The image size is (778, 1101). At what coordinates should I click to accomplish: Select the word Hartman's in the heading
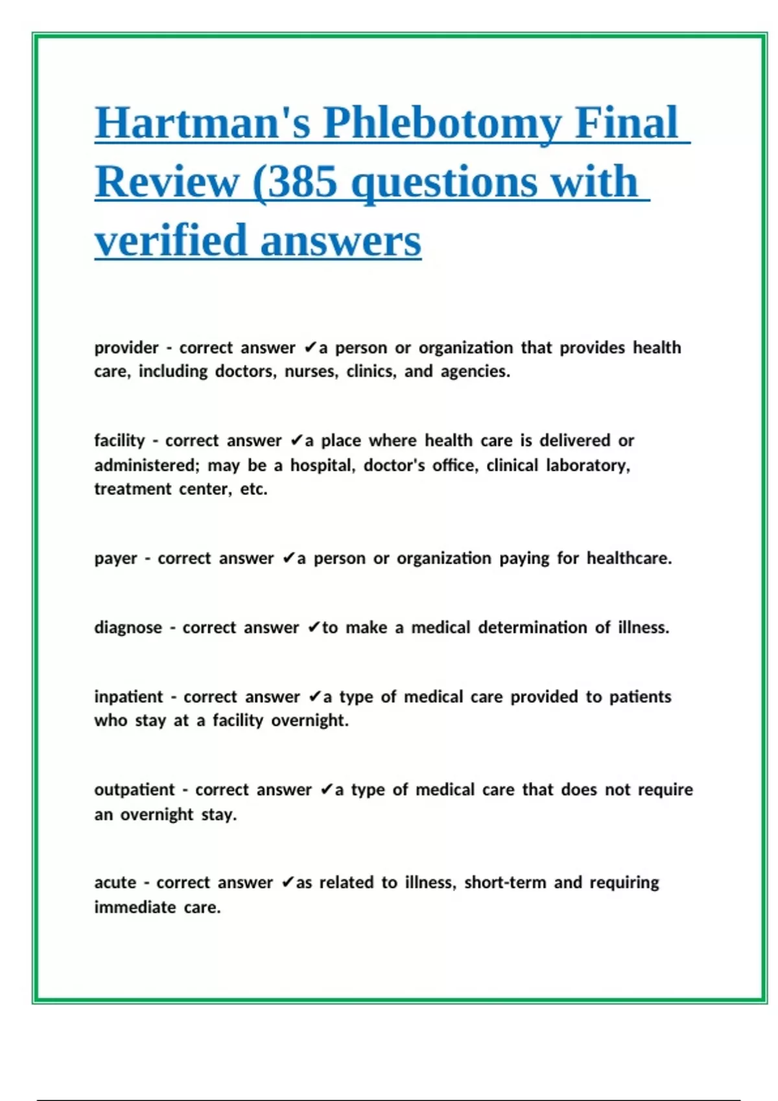click(x=202, y=123)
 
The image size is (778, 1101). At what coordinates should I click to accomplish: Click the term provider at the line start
click(x=126, y=348)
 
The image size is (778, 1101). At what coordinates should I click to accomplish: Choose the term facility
click(x=119, y=440)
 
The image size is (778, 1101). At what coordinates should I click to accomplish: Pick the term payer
click(x=115, y=558)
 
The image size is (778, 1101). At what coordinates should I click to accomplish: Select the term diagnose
click(x=128, y=628)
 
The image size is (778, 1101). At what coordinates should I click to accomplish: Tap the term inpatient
click(x=128, y=697)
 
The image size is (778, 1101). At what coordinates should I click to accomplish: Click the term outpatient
click(x=134, y=789)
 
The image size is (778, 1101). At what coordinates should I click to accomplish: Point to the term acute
click(x=115, y=883)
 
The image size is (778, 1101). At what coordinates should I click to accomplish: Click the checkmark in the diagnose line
click(x=314, y=627)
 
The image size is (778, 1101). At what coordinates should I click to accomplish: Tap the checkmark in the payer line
click(x=289, y=558)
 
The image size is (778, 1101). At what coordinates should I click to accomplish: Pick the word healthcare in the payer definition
click(x=629, y=558)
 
